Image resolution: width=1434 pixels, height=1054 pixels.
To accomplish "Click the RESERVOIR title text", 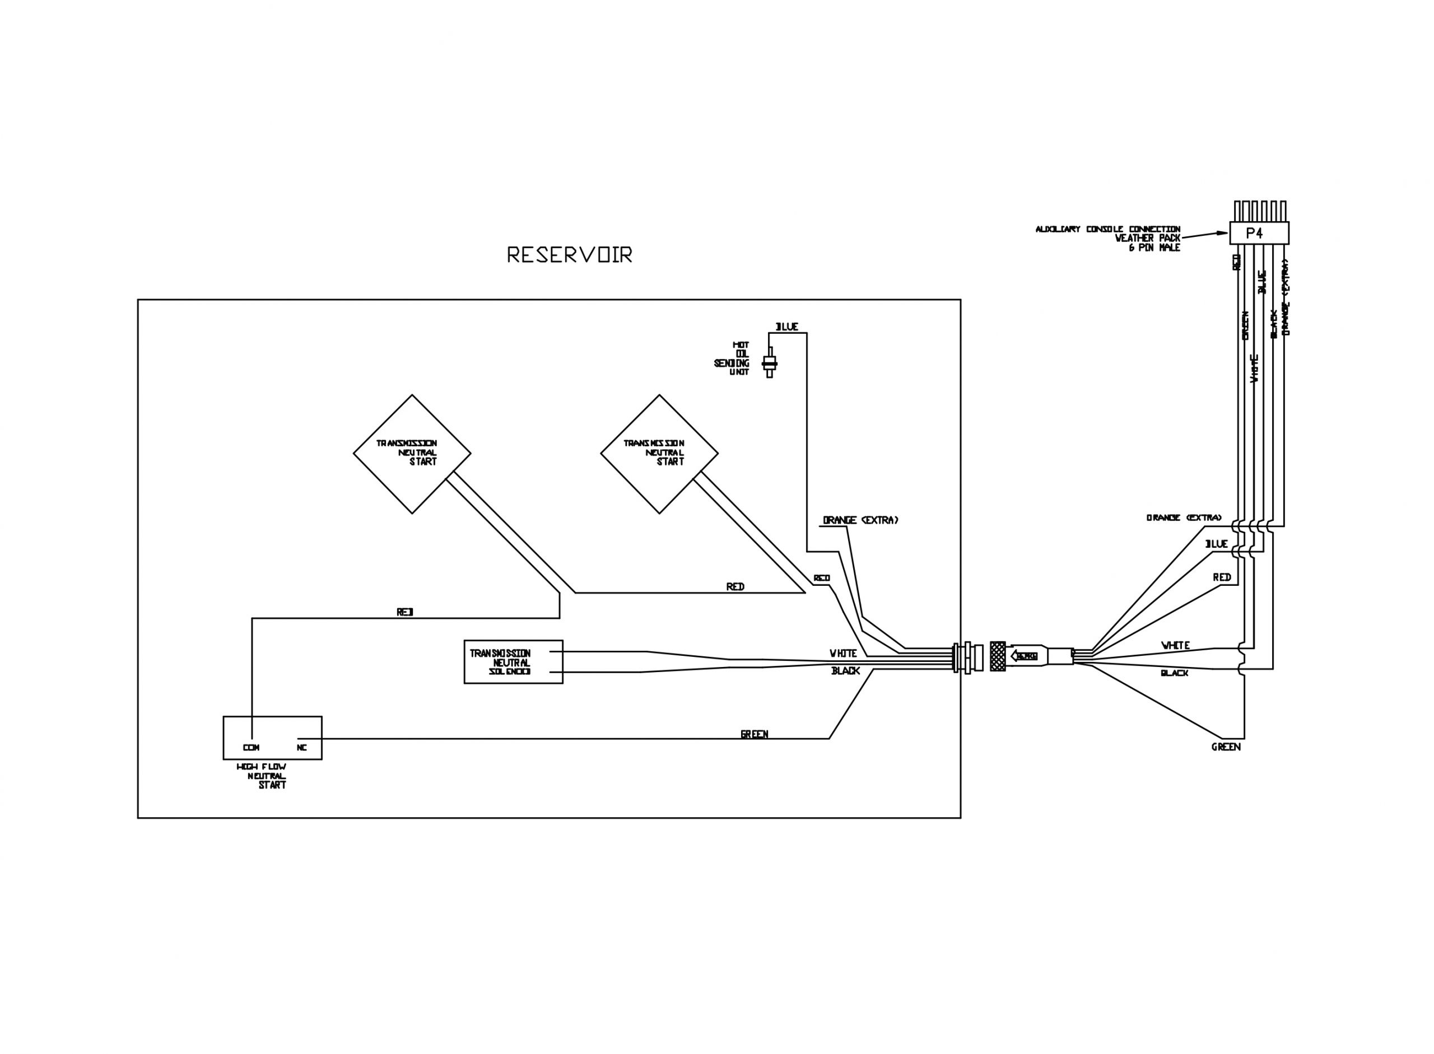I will tap(569, 255).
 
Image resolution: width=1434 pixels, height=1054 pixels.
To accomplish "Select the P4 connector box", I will tap(1259, 233).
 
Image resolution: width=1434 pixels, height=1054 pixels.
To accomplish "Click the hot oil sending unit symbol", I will tap(769, 362).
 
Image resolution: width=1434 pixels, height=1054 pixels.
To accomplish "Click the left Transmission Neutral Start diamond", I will tap(412, 454).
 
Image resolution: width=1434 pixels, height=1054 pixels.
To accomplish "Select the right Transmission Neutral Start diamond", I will tap(659, 454).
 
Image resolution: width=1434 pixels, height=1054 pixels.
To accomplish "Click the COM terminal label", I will tap(252, 747).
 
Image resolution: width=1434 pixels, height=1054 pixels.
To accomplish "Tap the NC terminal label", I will tap(302, 747).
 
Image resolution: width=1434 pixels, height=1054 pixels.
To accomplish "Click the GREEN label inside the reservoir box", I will tap(754, 734).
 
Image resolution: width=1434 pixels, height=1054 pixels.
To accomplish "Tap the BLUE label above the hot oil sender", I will tap(786, 327).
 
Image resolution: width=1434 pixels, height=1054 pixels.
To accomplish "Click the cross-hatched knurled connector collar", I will tap(998, 656).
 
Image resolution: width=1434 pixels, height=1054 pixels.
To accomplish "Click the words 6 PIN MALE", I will tap(1154, 248).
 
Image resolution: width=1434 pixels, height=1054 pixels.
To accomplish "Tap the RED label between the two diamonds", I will tap(734, 586).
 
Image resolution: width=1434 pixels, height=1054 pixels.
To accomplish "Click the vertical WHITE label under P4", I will tap(1254, 368).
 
